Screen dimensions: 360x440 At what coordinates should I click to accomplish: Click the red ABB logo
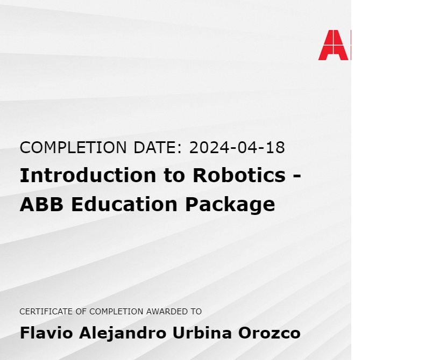coord(334,45)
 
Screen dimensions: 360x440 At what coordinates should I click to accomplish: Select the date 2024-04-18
coord(237,147)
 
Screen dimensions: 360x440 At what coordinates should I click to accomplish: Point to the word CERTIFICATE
coord(42,312)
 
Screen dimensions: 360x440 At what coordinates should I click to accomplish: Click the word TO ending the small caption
coord(196,312)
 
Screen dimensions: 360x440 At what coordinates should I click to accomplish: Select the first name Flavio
coord(46,333)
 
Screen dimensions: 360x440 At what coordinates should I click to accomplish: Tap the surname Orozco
coord(269,333)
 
